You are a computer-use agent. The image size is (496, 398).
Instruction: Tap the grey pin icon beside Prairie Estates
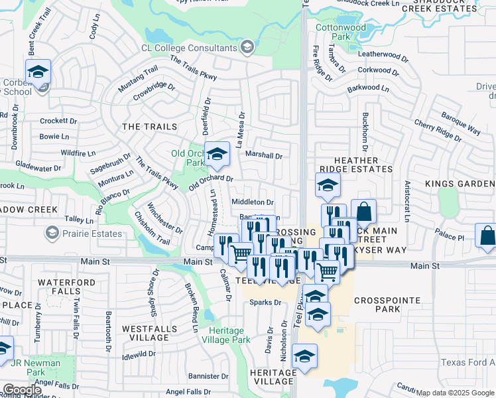pos(52,233)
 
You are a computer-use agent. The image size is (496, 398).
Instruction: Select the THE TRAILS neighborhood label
pos(149,127)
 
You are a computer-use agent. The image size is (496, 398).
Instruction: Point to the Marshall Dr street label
pos(264,157)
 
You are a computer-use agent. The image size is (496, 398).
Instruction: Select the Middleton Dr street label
pos(252,202)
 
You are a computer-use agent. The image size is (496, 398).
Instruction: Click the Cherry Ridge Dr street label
pos(438,130)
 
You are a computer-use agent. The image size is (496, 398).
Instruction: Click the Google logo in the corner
pos(22,390)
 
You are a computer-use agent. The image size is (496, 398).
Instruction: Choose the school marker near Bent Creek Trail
pos(38,72)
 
